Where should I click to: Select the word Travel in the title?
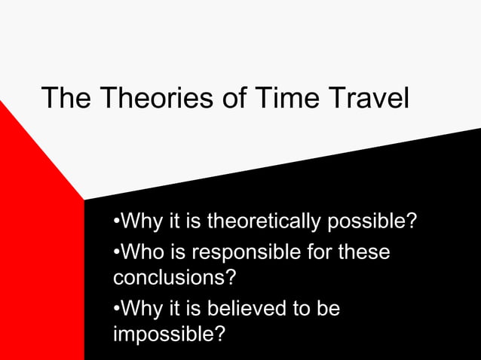[x=367, y=98]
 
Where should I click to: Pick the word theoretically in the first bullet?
[x=264, y=223]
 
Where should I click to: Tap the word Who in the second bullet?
[x=142, y=252]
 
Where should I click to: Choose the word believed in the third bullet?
[x=254, y=309]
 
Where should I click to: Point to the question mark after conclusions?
[x=230, y=277]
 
